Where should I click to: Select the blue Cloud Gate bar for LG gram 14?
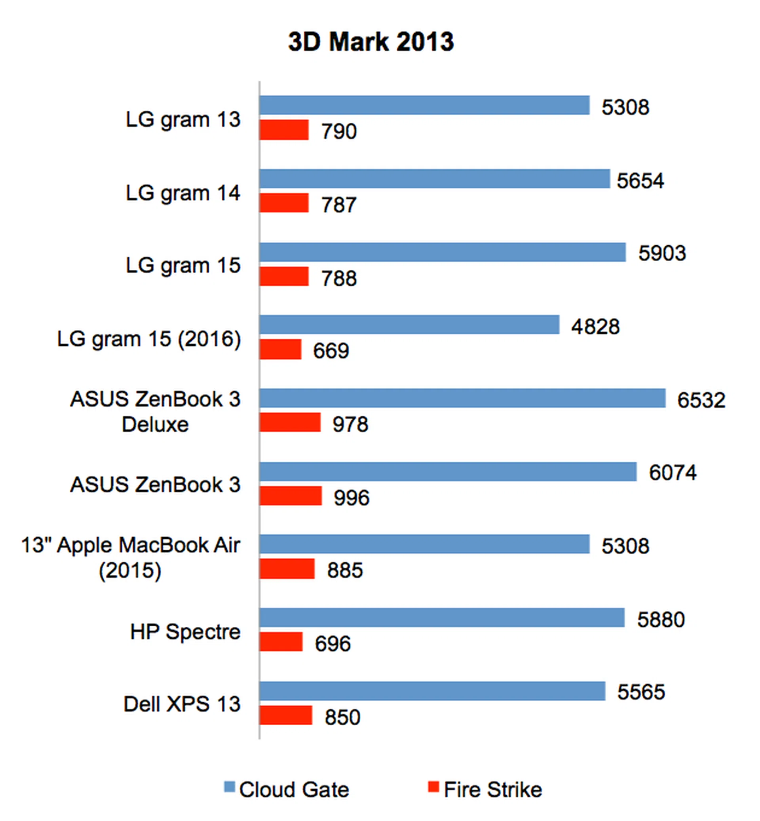coord(434,179)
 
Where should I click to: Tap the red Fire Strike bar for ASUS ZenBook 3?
coord(291,496)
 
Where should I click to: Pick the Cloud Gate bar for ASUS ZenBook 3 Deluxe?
coord(462,398)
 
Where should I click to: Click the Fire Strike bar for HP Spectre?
coord(281,642)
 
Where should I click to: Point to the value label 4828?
coord(595,327)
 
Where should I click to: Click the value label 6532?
coord(701,400)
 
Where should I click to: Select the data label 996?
coord(351,498)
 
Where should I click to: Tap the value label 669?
coord(331,351)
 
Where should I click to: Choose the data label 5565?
coord(641,692)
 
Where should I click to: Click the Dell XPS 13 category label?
coord(182,704)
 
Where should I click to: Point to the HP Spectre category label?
coord(185,631)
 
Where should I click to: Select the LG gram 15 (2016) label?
coord(149,339)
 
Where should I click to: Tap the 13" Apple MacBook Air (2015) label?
coord(130,557)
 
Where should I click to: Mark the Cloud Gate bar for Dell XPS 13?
coord(432,691)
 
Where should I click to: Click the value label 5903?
coord(662,253)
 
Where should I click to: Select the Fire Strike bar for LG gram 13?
coord(284,130)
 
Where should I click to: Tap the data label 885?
coord(345,570)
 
